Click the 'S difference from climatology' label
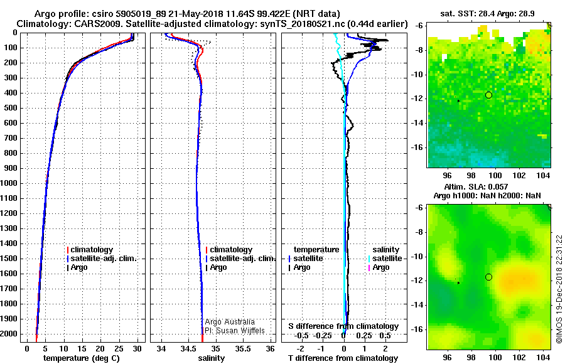343,326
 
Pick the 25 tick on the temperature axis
118,348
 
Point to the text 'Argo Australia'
230,322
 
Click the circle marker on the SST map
488,95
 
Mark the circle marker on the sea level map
488,277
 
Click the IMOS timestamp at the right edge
559,289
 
